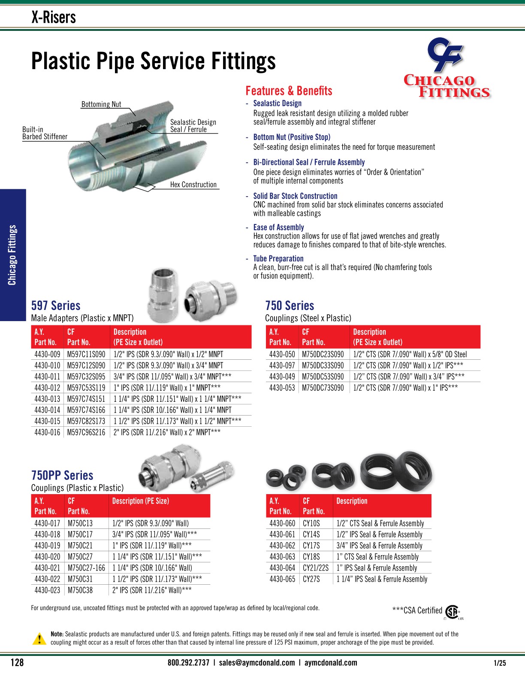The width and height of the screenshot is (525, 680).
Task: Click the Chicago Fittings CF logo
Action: coord(447,69)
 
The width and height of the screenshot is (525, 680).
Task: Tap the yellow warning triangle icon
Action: coord(39,638)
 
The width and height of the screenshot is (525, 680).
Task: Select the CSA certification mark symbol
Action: coord(452,611)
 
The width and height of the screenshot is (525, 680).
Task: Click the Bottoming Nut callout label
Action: coord(101,104)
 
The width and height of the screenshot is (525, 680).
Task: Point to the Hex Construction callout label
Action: coord(193,185)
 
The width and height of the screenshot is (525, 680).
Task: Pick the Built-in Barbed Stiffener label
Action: coord(45,133)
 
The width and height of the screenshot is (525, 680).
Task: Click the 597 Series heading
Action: coord(56,306)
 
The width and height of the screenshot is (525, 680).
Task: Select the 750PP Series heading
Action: coord(62,475)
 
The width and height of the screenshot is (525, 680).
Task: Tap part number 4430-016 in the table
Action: coord(47,432)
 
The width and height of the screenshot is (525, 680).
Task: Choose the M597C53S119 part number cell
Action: coord(86,388)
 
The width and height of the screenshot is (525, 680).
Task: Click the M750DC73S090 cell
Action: coord(323,388)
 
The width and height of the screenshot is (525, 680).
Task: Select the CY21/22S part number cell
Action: coord(316,568)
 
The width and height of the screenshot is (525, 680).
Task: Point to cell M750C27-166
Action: coord(86,568)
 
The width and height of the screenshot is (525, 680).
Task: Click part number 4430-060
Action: coord(282,523)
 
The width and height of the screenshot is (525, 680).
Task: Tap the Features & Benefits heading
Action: coord(289,91)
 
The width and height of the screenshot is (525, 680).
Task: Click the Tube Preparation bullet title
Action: coord(278,258)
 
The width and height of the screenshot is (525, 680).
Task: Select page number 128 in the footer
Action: coord(17,662)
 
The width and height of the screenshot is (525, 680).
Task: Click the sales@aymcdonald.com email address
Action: coord(257,662)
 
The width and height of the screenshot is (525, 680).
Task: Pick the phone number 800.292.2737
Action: coord(188,662)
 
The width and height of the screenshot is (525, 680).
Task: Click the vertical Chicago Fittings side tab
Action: coord(12,255)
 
